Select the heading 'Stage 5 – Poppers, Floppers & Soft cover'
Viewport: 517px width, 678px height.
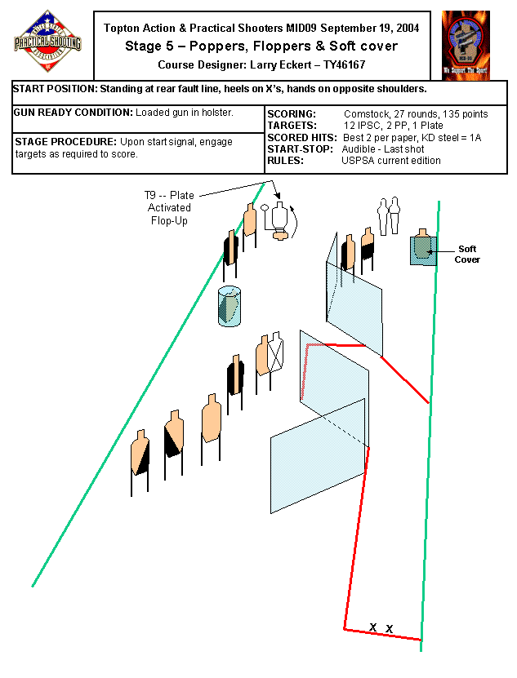[x=261, y=46]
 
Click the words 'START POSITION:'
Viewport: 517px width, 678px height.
[x=55, y=88]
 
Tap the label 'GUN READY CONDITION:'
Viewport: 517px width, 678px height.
[x=74, y=111]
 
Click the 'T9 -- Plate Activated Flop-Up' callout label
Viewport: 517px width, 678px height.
[x=169, y=208]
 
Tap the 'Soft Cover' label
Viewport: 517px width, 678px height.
[x=467, y=254]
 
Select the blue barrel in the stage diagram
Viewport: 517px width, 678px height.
[x=230, y=307]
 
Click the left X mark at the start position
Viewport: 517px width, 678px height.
[x=372, y=627]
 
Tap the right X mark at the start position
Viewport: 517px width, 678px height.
[x=390, y=629]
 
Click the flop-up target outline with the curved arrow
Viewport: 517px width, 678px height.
[x=280, y=220]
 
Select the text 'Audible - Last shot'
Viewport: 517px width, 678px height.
[x=388, y=149]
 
